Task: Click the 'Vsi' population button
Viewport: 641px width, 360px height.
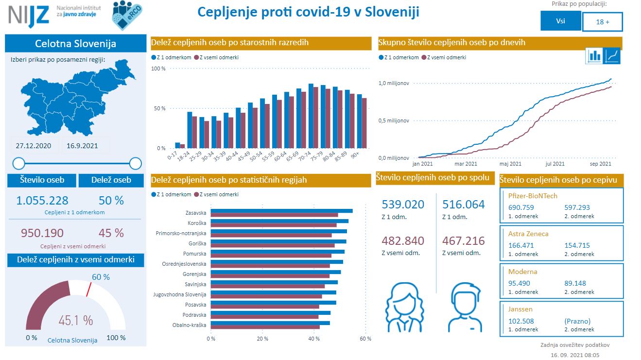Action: point(560,21)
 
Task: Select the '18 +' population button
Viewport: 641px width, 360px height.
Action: point(602,22)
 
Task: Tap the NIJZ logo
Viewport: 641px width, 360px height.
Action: point(29,15)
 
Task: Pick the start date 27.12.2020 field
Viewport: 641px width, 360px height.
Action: point(34,146)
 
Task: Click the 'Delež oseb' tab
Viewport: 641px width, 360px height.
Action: point(111,180)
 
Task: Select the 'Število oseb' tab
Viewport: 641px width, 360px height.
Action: point(42,180)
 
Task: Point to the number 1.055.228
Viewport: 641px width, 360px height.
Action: point(42,200)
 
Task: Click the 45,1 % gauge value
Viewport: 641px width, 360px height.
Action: point(75,320)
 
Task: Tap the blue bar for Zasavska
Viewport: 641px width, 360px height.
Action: point(281,211)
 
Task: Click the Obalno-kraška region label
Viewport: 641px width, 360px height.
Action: point(189,325)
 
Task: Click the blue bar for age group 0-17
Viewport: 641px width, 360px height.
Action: point(178,145)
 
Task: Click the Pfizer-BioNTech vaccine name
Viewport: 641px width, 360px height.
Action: point(533,196)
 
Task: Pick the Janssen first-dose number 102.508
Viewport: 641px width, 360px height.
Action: point(521,321)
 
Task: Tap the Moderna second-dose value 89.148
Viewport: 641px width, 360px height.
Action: point(577,283)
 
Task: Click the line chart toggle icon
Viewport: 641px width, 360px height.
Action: point(611,55)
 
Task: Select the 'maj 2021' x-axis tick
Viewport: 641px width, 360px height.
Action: point(510,164)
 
